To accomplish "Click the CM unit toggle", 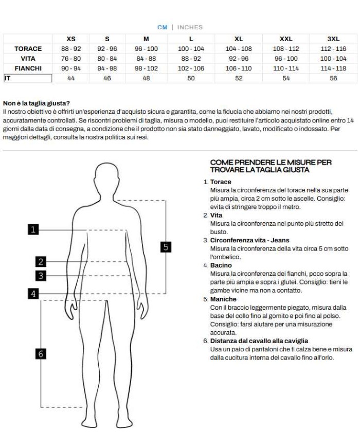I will [x=162, y=27].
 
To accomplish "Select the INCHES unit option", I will [x=190, y=27].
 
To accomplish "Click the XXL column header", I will [x=286, y=39].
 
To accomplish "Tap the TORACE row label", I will [x=28, y=49].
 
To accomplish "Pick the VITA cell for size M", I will [x=146, y=59].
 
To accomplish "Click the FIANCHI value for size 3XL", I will [x=333, y=68].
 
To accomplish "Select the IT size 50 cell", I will [x=191, y=78].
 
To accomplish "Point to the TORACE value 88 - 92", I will [x=71, y=49].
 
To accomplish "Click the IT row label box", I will [x=28, y=78].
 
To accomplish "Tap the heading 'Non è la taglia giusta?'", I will [x=36, y=103].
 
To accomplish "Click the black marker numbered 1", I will [x=33, y=230].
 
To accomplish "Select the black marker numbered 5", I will [x=165, y=247].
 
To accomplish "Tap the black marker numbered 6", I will [x=41, y=353].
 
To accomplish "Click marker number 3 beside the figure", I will [x=41, y=276].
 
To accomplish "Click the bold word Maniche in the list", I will [x=223, y=299].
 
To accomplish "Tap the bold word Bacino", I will [x=221, y=265].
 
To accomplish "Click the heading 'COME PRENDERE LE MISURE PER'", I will [x=271, y=163].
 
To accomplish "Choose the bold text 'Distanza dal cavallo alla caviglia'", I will [x=259, y=341].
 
